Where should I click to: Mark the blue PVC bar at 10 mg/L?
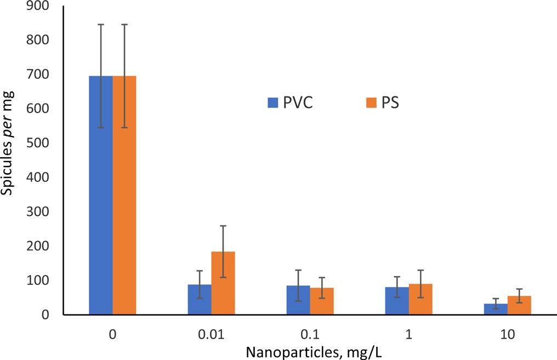(x=496, y=309)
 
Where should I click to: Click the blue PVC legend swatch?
(x=273, y=102)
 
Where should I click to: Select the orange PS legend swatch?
(x=371, y=102)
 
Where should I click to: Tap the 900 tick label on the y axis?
(x=37, y=7)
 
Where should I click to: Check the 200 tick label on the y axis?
(x=37, y=246)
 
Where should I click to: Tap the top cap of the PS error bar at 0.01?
(x=223, y=226)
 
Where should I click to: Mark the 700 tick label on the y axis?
(x=37, y=75)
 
